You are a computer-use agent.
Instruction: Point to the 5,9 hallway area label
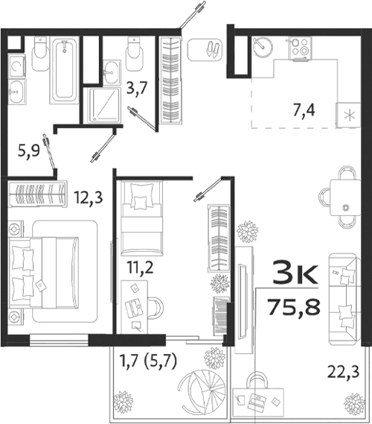click(28, 154)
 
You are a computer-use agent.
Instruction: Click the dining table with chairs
click(344, 196)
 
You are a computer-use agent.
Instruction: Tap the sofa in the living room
click(345, 294)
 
